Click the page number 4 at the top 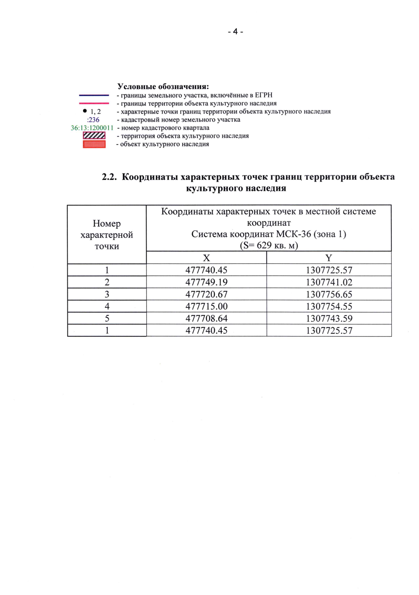235,32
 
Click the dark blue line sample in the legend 94,95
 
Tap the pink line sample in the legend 94,103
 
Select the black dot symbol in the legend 85,111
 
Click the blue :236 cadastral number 93,120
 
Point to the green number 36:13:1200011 92,128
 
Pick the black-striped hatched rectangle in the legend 94,136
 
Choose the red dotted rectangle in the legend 94,144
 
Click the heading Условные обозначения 163,86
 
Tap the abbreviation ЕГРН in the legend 264,95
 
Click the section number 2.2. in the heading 109,177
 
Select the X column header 206,258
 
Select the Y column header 329,258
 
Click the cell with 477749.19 206,282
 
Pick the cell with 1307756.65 329,294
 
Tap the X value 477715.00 206,306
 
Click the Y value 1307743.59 329,318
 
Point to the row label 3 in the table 107,294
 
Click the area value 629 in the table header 264,245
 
